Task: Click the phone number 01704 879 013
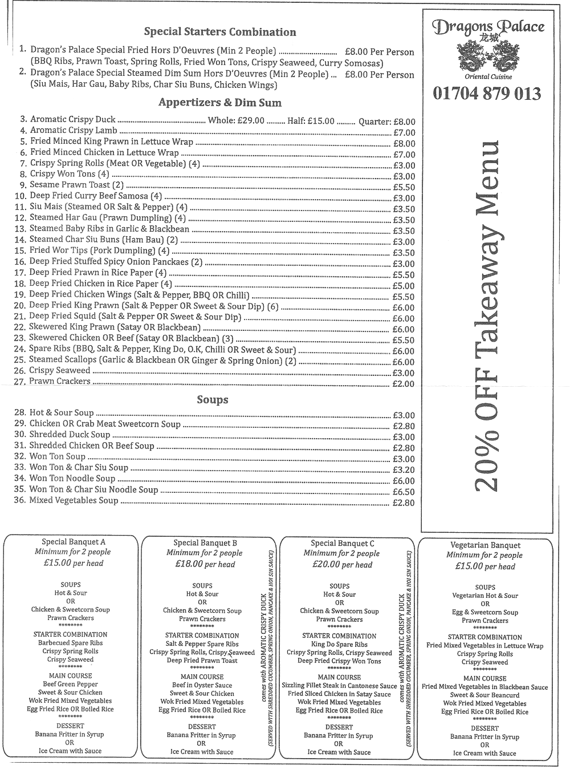pos(487,94)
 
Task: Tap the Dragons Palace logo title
pos(488,27)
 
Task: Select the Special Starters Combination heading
pos(220,32)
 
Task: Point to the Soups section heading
pos(213,400)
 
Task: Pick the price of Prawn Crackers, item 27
pos(404,384)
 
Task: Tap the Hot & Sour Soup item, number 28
pos(62,412)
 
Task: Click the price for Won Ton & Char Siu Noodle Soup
pos(404,492)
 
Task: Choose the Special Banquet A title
pos(74,542)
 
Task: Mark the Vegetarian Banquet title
pos(485,545)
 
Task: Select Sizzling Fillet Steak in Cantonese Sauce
pos(339,686)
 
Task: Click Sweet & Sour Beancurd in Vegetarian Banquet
pos(484,695)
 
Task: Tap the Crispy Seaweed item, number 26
pos(59,370)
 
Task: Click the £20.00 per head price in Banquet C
pos(341,565)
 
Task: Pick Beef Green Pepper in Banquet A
pos(70,684)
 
